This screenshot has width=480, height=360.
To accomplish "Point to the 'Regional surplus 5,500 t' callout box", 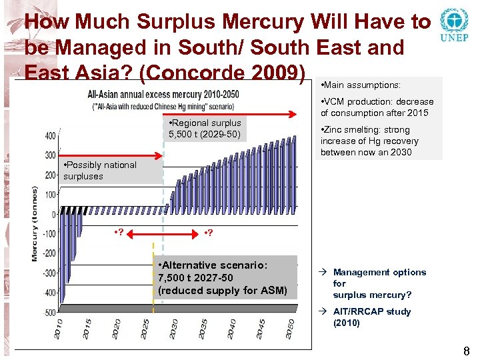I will click(205, 129).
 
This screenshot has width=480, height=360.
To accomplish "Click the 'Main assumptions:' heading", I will click(361, 85).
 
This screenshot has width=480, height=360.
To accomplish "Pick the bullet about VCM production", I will click(377, 107).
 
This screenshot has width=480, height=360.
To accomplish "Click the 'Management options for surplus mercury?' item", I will click(379, 283).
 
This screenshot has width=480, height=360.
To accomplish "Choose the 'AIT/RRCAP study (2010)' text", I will click(371, 317).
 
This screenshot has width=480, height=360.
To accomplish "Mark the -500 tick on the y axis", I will click(50, 312).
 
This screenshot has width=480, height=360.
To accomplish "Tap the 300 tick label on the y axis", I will click(50, 155).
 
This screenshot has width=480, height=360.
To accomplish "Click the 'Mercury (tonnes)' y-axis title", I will click(35, 223).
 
